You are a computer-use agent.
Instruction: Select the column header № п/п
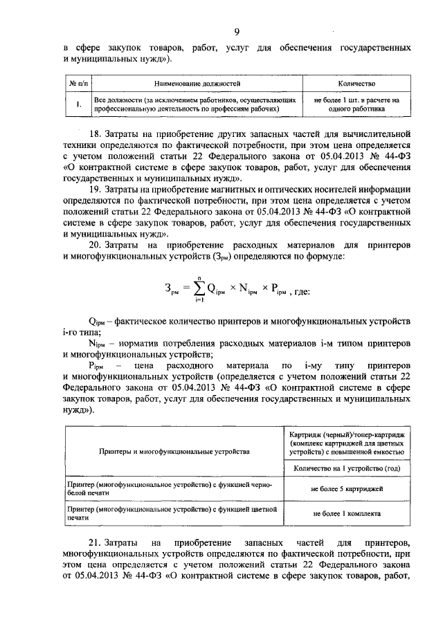[x=78, y=83]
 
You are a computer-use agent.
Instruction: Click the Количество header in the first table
[x=356, y=83]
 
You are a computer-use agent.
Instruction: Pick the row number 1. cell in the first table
[x=78, y=104]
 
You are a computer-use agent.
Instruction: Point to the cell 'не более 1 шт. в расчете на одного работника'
[x=356, y=104]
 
